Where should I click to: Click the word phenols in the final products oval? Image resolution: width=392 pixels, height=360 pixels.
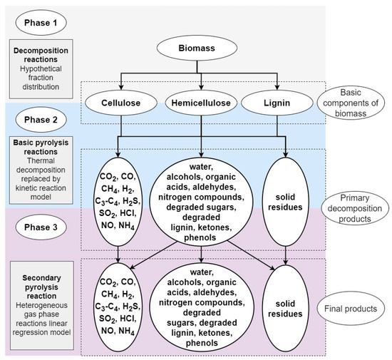202,344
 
